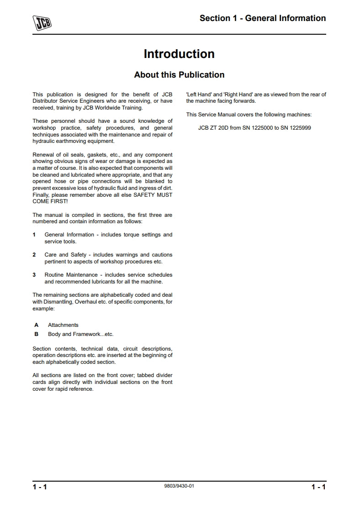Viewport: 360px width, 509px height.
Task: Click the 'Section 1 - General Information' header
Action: coord(263,18)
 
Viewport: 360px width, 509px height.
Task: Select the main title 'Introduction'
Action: coord(179,54)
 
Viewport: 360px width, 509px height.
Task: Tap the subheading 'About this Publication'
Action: coord(179,74)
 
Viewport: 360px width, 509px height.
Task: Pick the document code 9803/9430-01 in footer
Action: coord(179,486)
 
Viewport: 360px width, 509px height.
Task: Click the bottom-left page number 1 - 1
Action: coord(40,487)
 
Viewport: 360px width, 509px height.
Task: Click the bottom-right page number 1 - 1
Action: coord(318,487)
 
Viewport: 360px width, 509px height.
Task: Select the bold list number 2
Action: coord(34,255)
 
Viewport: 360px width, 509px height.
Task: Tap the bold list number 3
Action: coord(34,275)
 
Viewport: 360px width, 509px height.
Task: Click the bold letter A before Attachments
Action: coord(36,325)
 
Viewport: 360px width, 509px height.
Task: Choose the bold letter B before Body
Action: coord(36,334)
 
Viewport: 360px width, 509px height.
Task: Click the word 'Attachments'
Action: coord(63,325)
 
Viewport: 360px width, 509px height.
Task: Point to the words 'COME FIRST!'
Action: coord(50,201)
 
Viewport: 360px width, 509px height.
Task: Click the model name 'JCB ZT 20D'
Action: coord(213,128)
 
